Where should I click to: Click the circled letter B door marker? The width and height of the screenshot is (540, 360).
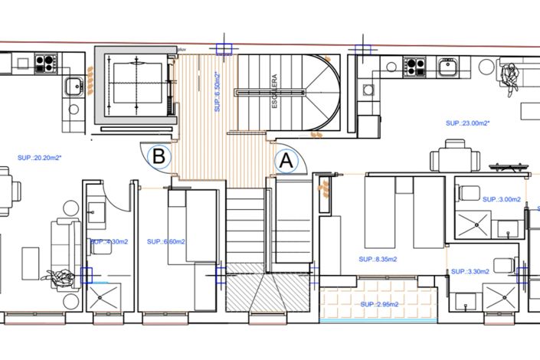159,156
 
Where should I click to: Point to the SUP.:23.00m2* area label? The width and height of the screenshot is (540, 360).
468,123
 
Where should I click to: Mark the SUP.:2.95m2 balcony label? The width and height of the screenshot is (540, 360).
381,303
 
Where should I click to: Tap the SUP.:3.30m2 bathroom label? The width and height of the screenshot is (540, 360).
471,271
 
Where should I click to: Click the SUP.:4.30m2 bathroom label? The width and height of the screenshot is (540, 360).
110,241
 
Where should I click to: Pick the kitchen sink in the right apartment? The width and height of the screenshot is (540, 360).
448,67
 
